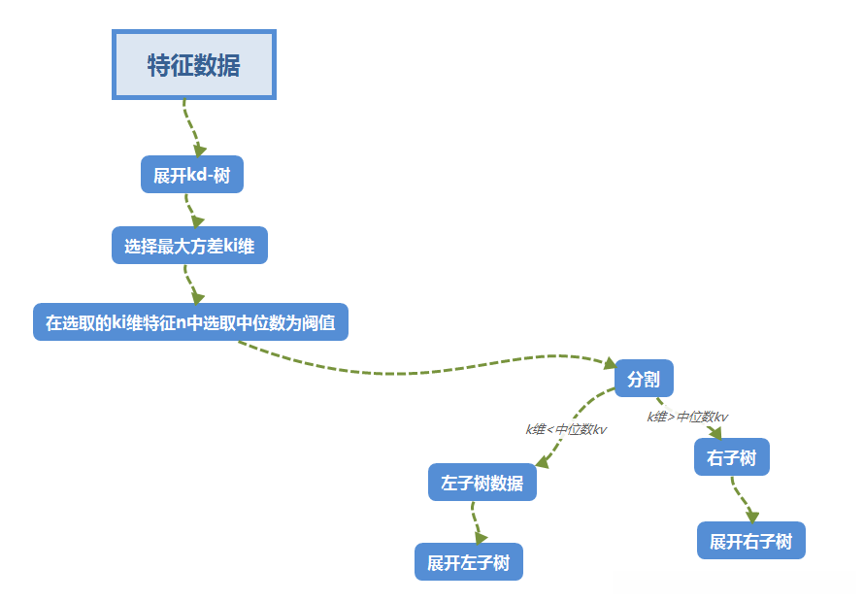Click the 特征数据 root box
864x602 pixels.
(194, 65)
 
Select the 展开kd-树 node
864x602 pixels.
(192, 175)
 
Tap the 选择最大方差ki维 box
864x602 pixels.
(189, 246)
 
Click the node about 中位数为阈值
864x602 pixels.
(190, 322)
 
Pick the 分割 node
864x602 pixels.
(644, 379)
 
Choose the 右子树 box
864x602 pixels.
(732, 457)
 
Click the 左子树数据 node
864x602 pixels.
(482, 483)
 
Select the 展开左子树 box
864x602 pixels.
(469, 562)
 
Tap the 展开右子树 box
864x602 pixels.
(751, 541)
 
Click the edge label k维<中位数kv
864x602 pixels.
(566, 429)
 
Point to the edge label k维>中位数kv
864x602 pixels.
(687, 417)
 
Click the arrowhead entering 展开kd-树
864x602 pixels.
(199, 150)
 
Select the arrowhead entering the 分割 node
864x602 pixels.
(608, 363)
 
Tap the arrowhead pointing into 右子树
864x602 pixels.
(715, 433)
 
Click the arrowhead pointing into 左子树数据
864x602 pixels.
(543, 461)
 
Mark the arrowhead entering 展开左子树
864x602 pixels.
(480, 536)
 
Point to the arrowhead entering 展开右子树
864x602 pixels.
(751, 517)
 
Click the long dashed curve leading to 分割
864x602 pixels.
(417, 372)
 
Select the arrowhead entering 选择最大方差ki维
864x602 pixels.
(197, 221)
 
